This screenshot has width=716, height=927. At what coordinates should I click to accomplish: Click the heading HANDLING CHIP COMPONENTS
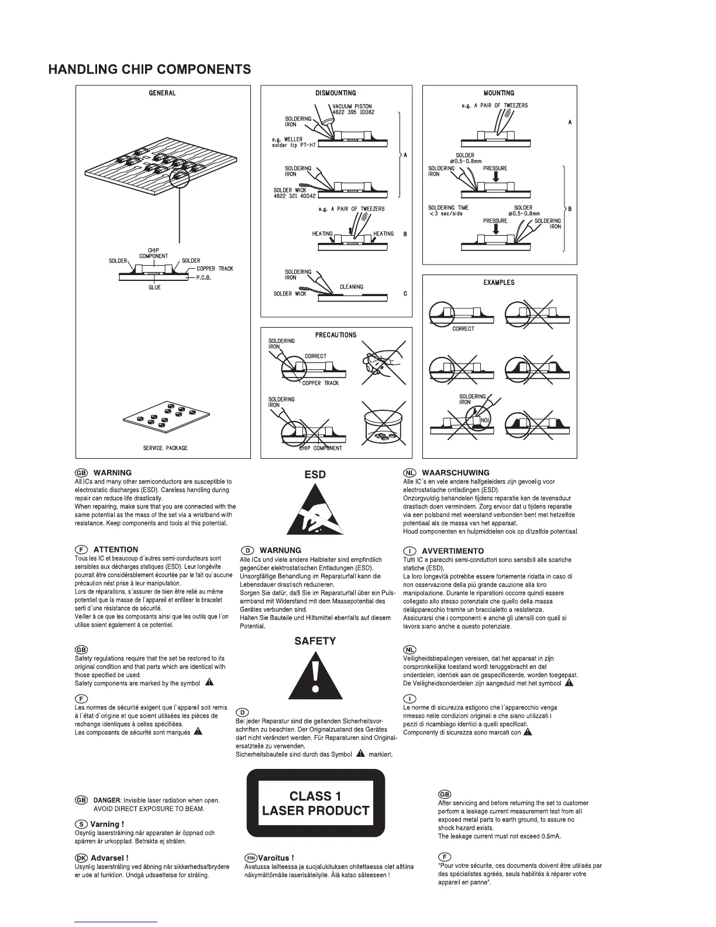pos(150,70)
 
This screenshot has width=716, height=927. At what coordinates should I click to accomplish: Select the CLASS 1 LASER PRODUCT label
pos(315,804)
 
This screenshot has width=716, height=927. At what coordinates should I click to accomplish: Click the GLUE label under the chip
pos(154,287)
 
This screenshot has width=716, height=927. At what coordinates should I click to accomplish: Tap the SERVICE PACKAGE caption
pos(166,448)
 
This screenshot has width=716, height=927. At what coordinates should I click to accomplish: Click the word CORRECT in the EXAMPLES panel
pos(463,329)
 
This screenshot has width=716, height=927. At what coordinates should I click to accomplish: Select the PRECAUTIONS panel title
pos(336,335)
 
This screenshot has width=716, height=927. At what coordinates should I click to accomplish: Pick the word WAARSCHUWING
pos(455,473)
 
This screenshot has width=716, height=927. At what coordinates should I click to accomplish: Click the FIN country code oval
pos(250,858)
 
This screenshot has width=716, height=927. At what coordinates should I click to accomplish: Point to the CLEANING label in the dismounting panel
pos(352,287)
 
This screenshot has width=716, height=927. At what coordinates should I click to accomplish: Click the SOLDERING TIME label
pos(448,208)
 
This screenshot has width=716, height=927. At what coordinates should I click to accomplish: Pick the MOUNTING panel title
pos(499,93)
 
